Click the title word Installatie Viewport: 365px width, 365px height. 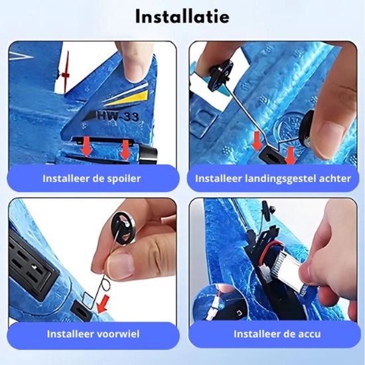183,17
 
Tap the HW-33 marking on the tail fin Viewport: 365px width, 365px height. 117,115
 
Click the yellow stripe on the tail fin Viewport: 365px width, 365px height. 129,98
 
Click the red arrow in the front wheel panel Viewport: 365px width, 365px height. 104,304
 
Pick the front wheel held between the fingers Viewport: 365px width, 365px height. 123,228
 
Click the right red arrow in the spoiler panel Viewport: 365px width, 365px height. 125,150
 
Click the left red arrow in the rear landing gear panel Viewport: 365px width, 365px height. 257,141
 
